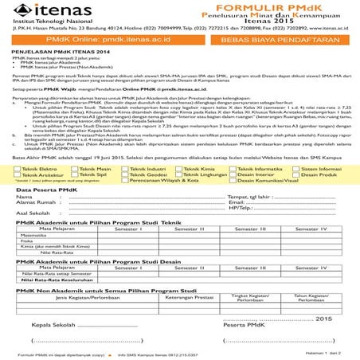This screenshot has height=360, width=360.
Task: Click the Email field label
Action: pyautogui.click(x=237, y=202)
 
